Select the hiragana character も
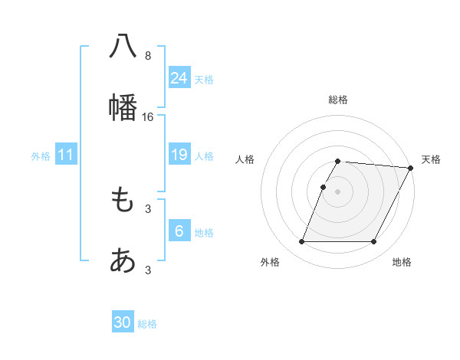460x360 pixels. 123,200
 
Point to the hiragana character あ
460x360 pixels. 123,261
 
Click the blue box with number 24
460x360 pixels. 179,77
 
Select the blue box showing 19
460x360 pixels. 179,155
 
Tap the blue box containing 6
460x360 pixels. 179,231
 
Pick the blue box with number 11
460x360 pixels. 66,155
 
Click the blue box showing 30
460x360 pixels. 123,322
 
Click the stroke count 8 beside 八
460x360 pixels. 147,55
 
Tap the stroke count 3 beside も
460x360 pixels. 147,208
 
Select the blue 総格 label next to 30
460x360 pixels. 147,324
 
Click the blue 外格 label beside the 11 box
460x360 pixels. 41,156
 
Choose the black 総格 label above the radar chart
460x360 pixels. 338,100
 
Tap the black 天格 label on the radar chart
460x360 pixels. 431,159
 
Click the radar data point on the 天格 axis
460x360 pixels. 411,168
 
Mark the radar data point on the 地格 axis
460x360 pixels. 374,242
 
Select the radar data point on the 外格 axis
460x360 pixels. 301,242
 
